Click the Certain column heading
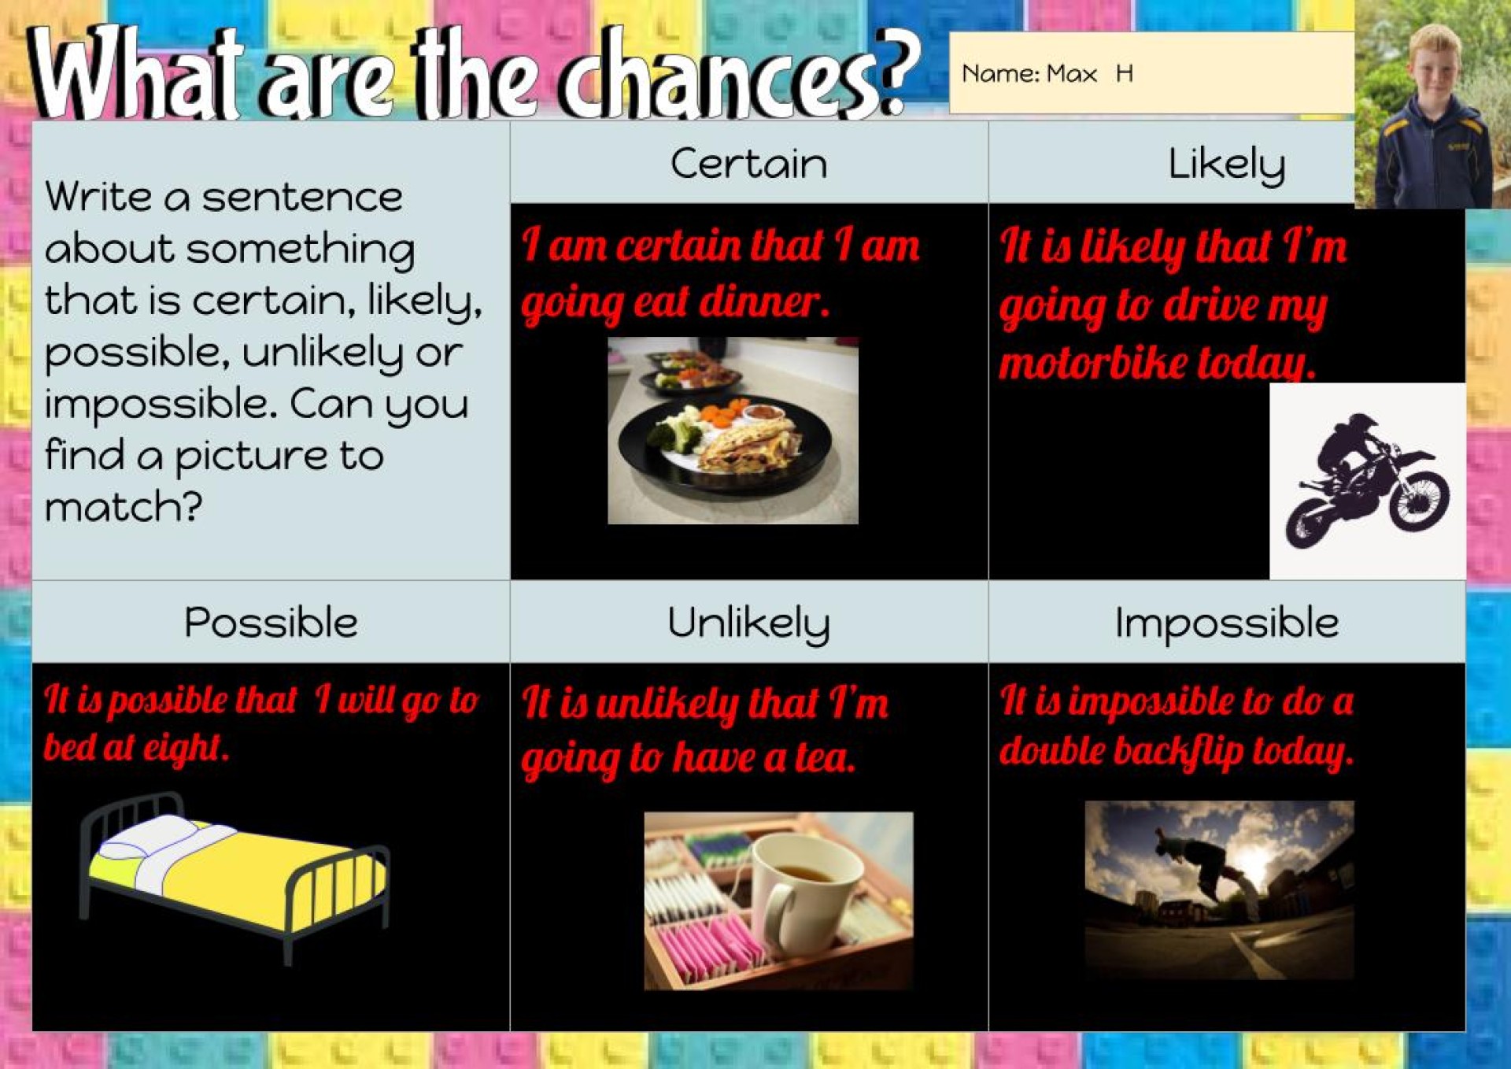(x=748, y=164)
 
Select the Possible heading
(x=271, y=623)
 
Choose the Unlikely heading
(x=748, y=623)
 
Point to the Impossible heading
(x=1226, y=623)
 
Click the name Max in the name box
(x=1072, y=74)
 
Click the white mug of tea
(x=807, y=886)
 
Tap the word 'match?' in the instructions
(x=124, y=507)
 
